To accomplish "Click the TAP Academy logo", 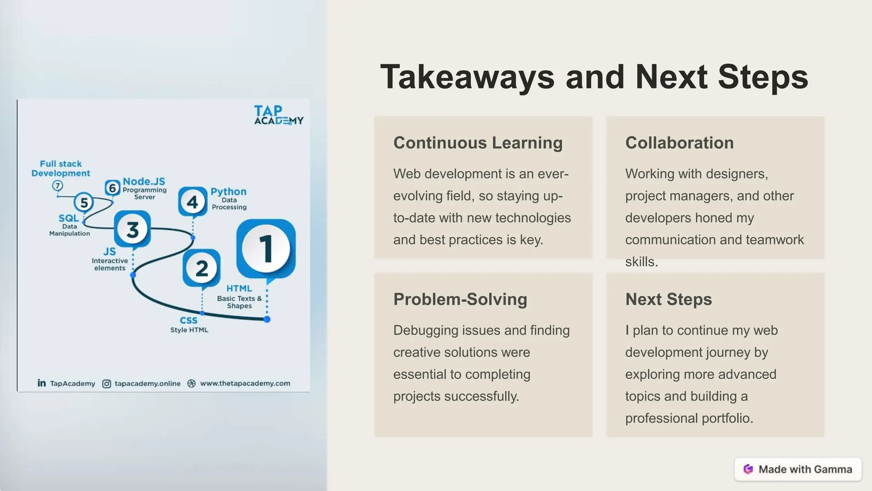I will click(x=278, y=115).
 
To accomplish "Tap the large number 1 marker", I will click(x=266, y=248).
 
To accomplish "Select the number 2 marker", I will click(x=201, y=268).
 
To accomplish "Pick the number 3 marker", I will click(x=132, y=229).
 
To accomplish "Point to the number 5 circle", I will click(x=84, y=202).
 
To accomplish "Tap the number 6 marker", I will click(x=112, y=188).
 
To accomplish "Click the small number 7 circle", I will click(x=57, y=185).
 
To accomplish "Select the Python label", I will click(x=229, y=192).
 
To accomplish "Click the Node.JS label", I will click(x=144, y=182).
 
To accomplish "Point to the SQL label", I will click(x=69, y=218).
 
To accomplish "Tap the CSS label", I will click(x=189, y=321).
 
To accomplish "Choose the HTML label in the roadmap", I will click(x=239, y=289).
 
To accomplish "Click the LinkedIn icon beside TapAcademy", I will click(x=42, y=383).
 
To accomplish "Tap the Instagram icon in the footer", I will click(x=106, y=384).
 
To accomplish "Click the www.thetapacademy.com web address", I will click(x=245, y=383).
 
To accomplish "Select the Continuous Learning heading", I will click(x=478, y=143).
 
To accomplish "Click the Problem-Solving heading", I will click(x=460, y=299).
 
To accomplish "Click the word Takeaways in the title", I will click(x=467, y=77).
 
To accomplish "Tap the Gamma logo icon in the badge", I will click(x=748, y=469).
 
